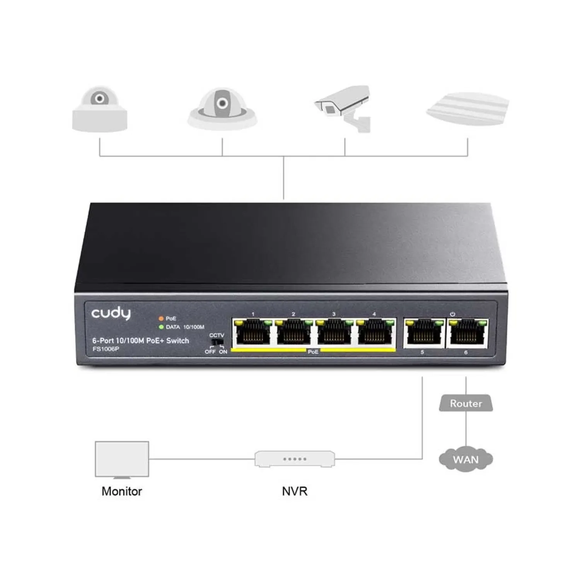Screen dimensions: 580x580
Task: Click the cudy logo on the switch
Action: coord(111,313)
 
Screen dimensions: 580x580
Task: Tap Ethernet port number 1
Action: coord(253,332)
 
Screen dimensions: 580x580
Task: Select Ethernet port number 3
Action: coord(334,332)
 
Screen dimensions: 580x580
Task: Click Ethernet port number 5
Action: coord(424,333)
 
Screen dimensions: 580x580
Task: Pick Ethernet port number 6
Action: coord(467,333)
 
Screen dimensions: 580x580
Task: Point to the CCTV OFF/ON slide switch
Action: coord(217,343)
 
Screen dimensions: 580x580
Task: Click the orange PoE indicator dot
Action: coord(161,319)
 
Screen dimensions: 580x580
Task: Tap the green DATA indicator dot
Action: coord(161,327)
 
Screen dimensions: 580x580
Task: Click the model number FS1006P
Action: coord(106,349)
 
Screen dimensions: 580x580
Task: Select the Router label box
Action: coord(466,403)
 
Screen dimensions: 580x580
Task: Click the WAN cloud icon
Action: coord(466,459)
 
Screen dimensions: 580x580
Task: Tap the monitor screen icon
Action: coord(122,459)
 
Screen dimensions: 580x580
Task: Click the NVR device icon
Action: coord(295,459)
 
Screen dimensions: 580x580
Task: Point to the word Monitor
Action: coord(122,491)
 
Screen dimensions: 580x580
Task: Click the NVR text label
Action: coord(295,491)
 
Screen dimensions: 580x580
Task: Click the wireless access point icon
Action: coord(467,109)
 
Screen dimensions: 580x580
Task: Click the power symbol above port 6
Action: coord(452,314)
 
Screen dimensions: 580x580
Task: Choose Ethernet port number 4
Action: coord(374,332)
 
